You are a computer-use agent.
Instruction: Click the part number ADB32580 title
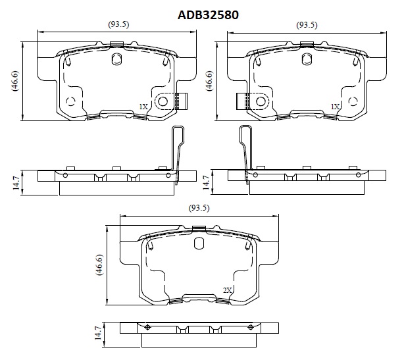click(x=208, y=15)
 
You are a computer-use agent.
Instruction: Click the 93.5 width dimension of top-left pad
click(x=118, y=24)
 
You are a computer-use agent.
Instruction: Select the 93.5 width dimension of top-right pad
click(x=307, y=25)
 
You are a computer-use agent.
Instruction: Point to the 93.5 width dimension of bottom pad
click(x=199, y=208)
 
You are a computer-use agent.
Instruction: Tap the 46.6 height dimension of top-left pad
click(x=15, y=81)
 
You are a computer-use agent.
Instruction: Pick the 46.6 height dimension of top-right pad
click(x=209, y=81)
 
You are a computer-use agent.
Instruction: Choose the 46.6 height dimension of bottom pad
click(x=99, y=265)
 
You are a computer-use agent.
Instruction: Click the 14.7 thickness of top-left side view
click(x=16, y=183)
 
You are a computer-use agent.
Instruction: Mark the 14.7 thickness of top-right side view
click(x=206, y=183)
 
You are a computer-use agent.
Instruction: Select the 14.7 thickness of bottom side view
click(x=98, y=333)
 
